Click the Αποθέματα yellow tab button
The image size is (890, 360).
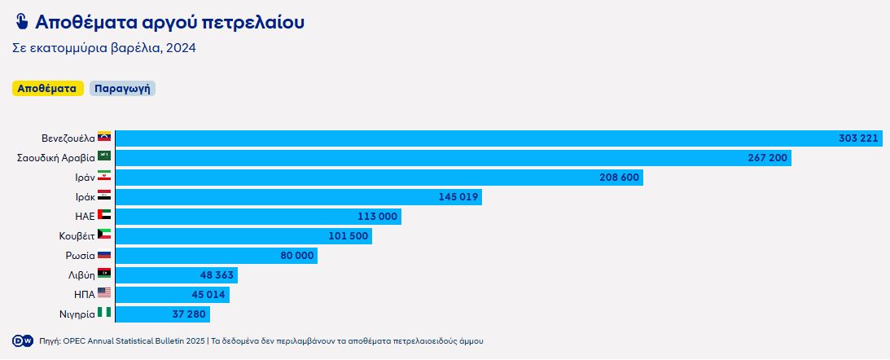[x=48, y=89]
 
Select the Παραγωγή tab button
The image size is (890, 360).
[x=122, y=89]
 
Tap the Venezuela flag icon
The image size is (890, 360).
[x=104, y=138]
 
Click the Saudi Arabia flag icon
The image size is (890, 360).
[x=104, y=157]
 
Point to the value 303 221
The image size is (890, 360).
[x=858, y=138]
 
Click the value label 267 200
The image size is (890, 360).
[x=767, y=158]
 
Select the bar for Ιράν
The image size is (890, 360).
[x=379, y=178]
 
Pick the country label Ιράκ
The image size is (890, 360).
[x=84, y=196]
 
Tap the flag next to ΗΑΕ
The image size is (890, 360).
[x=104, y=216]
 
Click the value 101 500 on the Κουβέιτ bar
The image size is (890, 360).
[x=349, y=236]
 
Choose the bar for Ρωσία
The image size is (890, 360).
[x=216, y=256]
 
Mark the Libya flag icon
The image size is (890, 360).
[x=104, y=274]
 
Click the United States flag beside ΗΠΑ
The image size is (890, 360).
[x=104, y=294]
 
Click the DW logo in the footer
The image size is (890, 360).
[x=22, y=340]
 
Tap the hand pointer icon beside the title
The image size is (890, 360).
[x=22, y=22]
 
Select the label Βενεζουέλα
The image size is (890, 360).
[x=68, y=138]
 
